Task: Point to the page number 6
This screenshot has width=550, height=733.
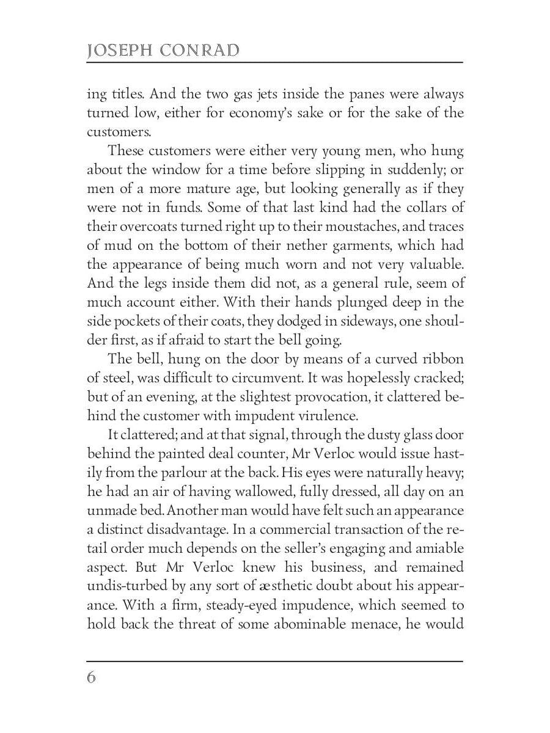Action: (92, 678)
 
